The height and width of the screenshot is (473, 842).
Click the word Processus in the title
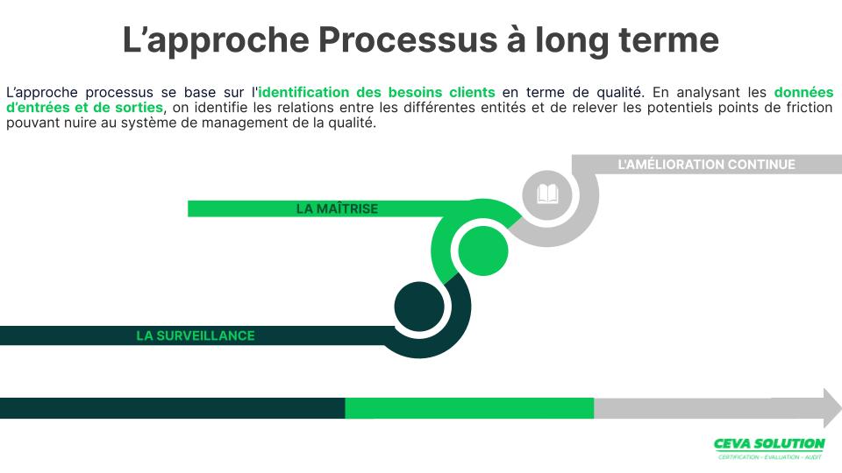(408, 39)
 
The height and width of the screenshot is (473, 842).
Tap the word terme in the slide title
(669, 39)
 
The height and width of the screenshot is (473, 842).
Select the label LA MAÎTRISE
(337, 208)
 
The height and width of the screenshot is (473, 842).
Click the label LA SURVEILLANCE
(196, 335)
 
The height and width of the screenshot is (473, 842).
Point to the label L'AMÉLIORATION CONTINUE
(706, 164)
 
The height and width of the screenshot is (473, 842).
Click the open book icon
(547, 194)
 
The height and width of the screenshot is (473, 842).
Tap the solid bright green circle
(482, 251)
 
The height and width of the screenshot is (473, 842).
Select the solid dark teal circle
(419, 307)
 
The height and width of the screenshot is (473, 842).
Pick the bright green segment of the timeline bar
(469, 408)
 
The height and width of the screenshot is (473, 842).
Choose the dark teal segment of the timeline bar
(173, 408)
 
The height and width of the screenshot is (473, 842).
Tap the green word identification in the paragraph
(303, 92)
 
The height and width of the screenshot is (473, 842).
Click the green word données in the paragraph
(803, 92)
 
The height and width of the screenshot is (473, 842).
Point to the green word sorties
(139, 107)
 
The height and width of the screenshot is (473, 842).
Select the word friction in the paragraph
(810, 107)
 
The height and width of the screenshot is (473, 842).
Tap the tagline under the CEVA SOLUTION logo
(770, 457)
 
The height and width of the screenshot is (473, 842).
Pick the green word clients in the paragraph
(472, 92)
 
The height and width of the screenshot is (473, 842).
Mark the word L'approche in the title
(216, 41)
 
